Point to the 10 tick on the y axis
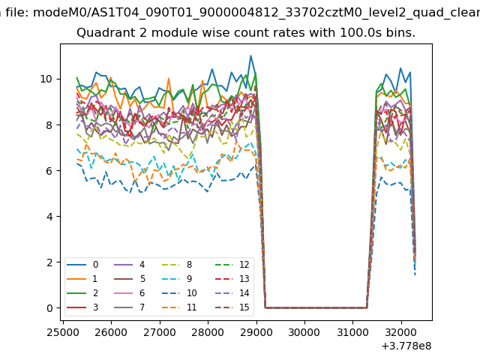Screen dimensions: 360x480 pyautogui.click(x=46, y=79)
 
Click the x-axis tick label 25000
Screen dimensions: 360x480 pyautogui.click(x=62, y=331)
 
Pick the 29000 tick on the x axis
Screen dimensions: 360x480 pyautogui.click(x=256, y=331)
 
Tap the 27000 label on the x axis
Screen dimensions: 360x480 pyautogui.click(x=159, y=331)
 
